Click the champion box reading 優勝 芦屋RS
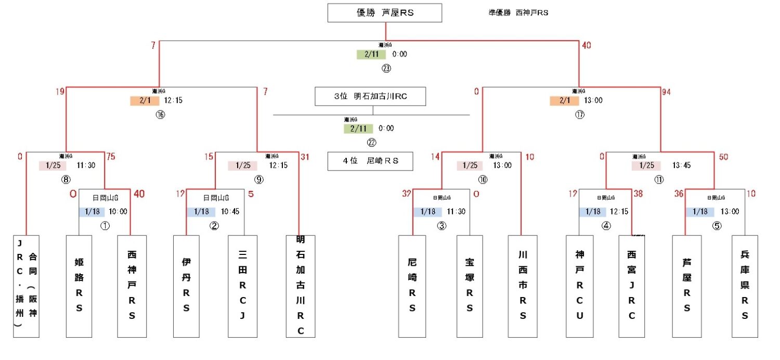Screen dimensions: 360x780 click(384, 13)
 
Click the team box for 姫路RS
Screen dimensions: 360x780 click(79, 286)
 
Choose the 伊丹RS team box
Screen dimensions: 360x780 click(186, 286)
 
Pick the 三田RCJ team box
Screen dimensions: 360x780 click(242, 286)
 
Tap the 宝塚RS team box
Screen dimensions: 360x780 click(470, 286)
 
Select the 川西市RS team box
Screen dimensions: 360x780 click(523, 286)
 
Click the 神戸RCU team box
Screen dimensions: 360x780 click(580, 286)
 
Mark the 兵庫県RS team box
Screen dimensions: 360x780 click(745, 286)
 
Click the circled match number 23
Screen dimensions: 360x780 click(386, 68)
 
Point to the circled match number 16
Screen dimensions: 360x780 click(160, 114)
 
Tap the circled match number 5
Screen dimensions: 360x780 click(718, 226)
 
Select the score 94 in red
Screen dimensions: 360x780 click(667, 93)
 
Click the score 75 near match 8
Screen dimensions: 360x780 click(110, 157)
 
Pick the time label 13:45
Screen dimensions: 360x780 click(681, 166)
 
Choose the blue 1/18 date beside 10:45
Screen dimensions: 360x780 click(201, 212)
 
